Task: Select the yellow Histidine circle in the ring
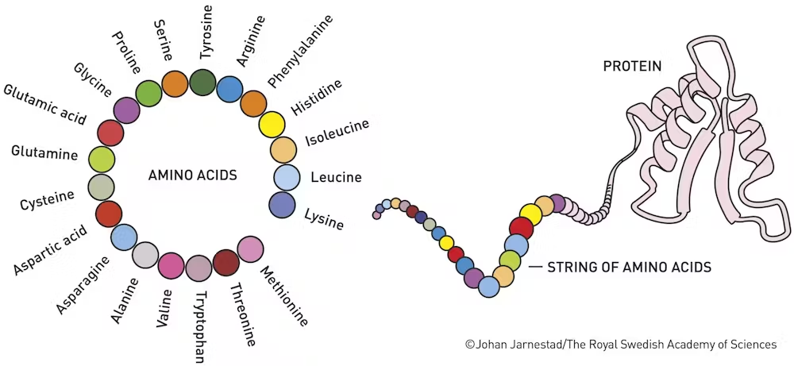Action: pyautogui.click(x=272, y=125)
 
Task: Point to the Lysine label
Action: pyautogui.click(x=324, y=218)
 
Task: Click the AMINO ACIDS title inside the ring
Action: pyautogui.click(x=192, y=175)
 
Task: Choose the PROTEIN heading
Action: pyautogui.click(x=632, y=67)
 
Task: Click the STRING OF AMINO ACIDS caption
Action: pyautogui.click(x=630, y=267)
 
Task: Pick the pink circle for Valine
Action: pyautogui.click(x=172, y=266)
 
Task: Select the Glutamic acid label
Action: pyautogui.click(x=45, y=104)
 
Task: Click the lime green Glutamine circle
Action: pyautogui.click(x=102, y=160)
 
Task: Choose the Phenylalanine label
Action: pyautogui.click(x=301, y=51)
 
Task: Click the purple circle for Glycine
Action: pyautogui.click(x=126, y=111)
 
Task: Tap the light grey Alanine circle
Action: pyautogui.click(x=145, y=255)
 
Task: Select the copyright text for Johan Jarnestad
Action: pyautogui.click(x=620, y=345)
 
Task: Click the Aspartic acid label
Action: pyautogui.click(x=50, y=250)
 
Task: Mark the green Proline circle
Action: pyautogui.click(x=149, y=93)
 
